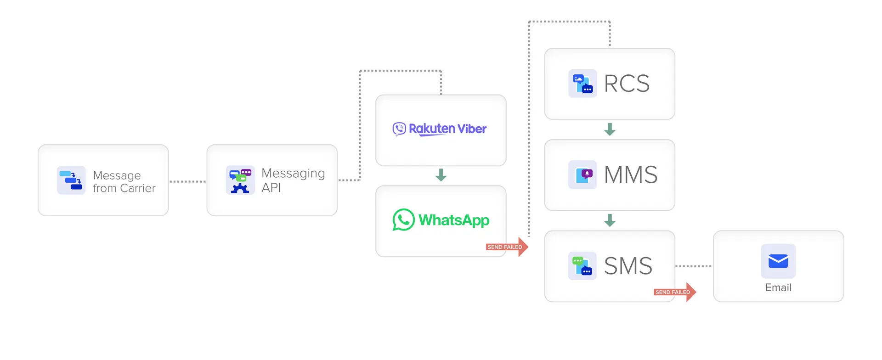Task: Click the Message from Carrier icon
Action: [x=71, y=180]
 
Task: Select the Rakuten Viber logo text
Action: [x=447, y=129]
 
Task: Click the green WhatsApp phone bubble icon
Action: [x=403, y=220]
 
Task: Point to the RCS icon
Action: [x=582, y=84]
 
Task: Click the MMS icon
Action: [x=582, y=174]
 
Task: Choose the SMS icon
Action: [x=582, y=266]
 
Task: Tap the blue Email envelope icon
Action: [x=778, y=261]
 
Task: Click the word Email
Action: [x=778, y=287]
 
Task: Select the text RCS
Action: [x=627, y=84]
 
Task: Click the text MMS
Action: [x=631, y=174]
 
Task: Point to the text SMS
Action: [x=628, y=266]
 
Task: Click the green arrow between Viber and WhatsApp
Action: [x=441, y=175]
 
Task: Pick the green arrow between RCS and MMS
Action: [x=610, y=129]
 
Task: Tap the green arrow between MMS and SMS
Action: [x=610, y=220]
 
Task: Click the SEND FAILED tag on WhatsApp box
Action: [x=505, y=247]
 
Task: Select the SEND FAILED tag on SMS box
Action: [x=673, y=292]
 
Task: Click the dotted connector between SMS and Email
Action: [x=694, y=266]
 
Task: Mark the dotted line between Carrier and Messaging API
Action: [x=187, y=181]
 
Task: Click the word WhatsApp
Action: [x=454, y=220]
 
